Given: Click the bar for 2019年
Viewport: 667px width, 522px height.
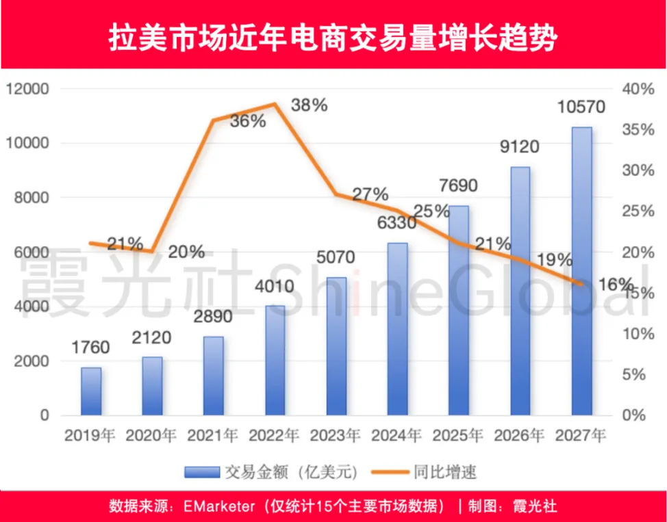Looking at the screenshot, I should pyautogui.click(x=91, y=391).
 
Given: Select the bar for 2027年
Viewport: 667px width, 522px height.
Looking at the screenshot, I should pyautogui.click(x=581, y=271).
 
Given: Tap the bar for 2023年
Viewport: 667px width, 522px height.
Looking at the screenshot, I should pyautogui.click(x=336, y=345).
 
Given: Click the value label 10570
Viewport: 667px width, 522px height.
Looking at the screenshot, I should pyautogui.click(x=581, y=107).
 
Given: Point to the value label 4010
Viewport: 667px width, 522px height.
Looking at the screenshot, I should pyautogui.click(x=275, y=286).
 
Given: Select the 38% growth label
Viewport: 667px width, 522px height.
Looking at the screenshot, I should pyautogui.click(x=309, y=105).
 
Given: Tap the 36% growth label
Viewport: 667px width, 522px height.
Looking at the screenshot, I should pyautogui.click(x=247, y=121).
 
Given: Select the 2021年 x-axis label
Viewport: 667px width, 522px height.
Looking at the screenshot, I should pyautogui.click(x=213, y=435).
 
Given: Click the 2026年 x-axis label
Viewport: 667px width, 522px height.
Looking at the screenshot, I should pyautogui.click(x=520, y=435).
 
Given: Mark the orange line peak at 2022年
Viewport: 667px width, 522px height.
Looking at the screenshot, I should pyautogui.click(x=275, y=104).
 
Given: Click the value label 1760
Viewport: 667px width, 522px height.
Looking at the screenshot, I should pyautogui.click(x=90, y=348).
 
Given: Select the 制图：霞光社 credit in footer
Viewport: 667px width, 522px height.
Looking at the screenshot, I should pyautogui.click(x=512, y=507).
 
